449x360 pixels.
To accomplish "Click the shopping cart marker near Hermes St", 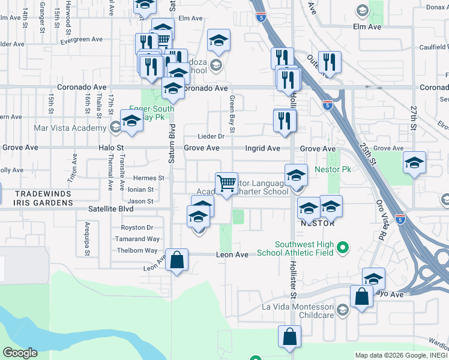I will [x=226, y=183].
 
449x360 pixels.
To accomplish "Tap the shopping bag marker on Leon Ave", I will [x=177, y=260].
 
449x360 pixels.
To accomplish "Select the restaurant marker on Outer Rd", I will [x=330, y=61].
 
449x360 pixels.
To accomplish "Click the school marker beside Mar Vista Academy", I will [x=132, y=120].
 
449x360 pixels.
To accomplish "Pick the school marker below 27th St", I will [x=414, y=163].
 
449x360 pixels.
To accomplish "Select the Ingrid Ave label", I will [x=262, y=148].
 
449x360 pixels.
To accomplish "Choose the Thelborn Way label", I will [x=137, y=251].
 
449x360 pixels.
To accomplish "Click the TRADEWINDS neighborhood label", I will [x=43, y=194].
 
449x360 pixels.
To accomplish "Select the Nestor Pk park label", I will [x=333, y=169].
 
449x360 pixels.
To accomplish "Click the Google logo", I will [x=20, y=353].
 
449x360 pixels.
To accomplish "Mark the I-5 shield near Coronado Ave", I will [x=327, y=104].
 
